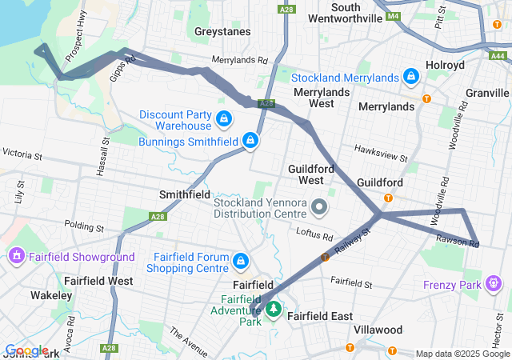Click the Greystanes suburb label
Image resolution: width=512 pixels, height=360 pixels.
(222, 32)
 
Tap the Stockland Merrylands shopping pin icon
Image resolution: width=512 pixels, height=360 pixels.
(410, 77)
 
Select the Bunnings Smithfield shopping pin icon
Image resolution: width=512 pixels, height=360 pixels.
(250, 141)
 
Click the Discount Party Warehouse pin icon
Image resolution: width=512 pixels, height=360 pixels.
(223, 120)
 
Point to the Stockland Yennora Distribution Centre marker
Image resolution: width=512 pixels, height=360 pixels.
(320, 208)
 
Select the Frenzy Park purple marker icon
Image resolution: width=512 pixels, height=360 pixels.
(494, 284)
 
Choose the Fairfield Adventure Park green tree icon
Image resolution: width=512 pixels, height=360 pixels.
(273, 309)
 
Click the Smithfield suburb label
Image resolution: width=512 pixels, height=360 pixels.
(185, 194)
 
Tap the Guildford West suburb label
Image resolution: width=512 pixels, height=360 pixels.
(306, 174)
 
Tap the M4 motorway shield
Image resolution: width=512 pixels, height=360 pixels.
(392, 16)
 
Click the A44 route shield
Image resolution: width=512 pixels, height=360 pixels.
(498, 55)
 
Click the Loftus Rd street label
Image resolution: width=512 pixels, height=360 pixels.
(316, 236)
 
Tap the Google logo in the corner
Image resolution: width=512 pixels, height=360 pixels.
(26, 350)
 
